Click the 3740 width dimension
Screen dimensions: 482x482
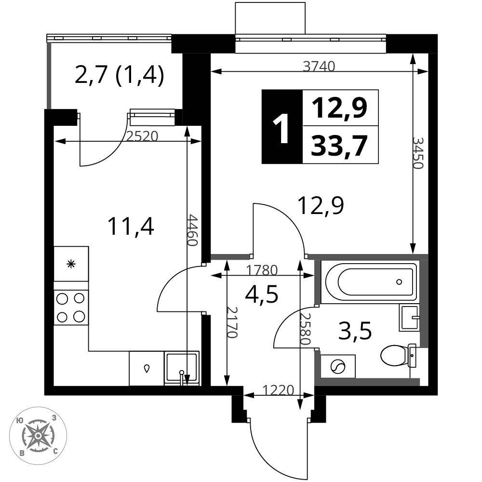point(319,67)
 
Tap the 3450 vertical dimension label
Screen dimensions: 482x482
point(418,153)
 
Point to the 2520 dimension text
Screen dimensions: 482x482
point(142,136)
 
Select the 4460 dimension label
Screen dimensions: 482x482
point(192,230)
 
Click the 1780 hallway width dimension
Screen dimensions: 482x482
point(262,270)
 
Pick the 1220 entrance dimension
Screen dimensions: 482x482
point(279,390)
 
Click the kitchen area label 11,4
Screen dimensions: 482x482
point(131,226)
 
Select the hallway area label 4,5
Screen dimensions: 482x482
point(262,294)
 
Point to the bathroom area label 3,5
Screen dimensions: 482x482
point(355,331)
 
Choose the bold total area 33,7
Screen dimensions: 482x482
point(339,146)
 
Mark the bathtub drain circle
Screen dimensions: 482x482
point(399,282)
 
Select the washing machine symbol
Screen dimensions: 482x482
point(338,366)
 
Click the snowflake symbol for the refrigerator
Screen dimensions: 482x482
point(71,264)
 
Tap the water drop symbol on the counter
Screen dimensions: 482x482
point(147,368)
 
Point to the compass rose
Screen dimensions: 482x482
point(38,436)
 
